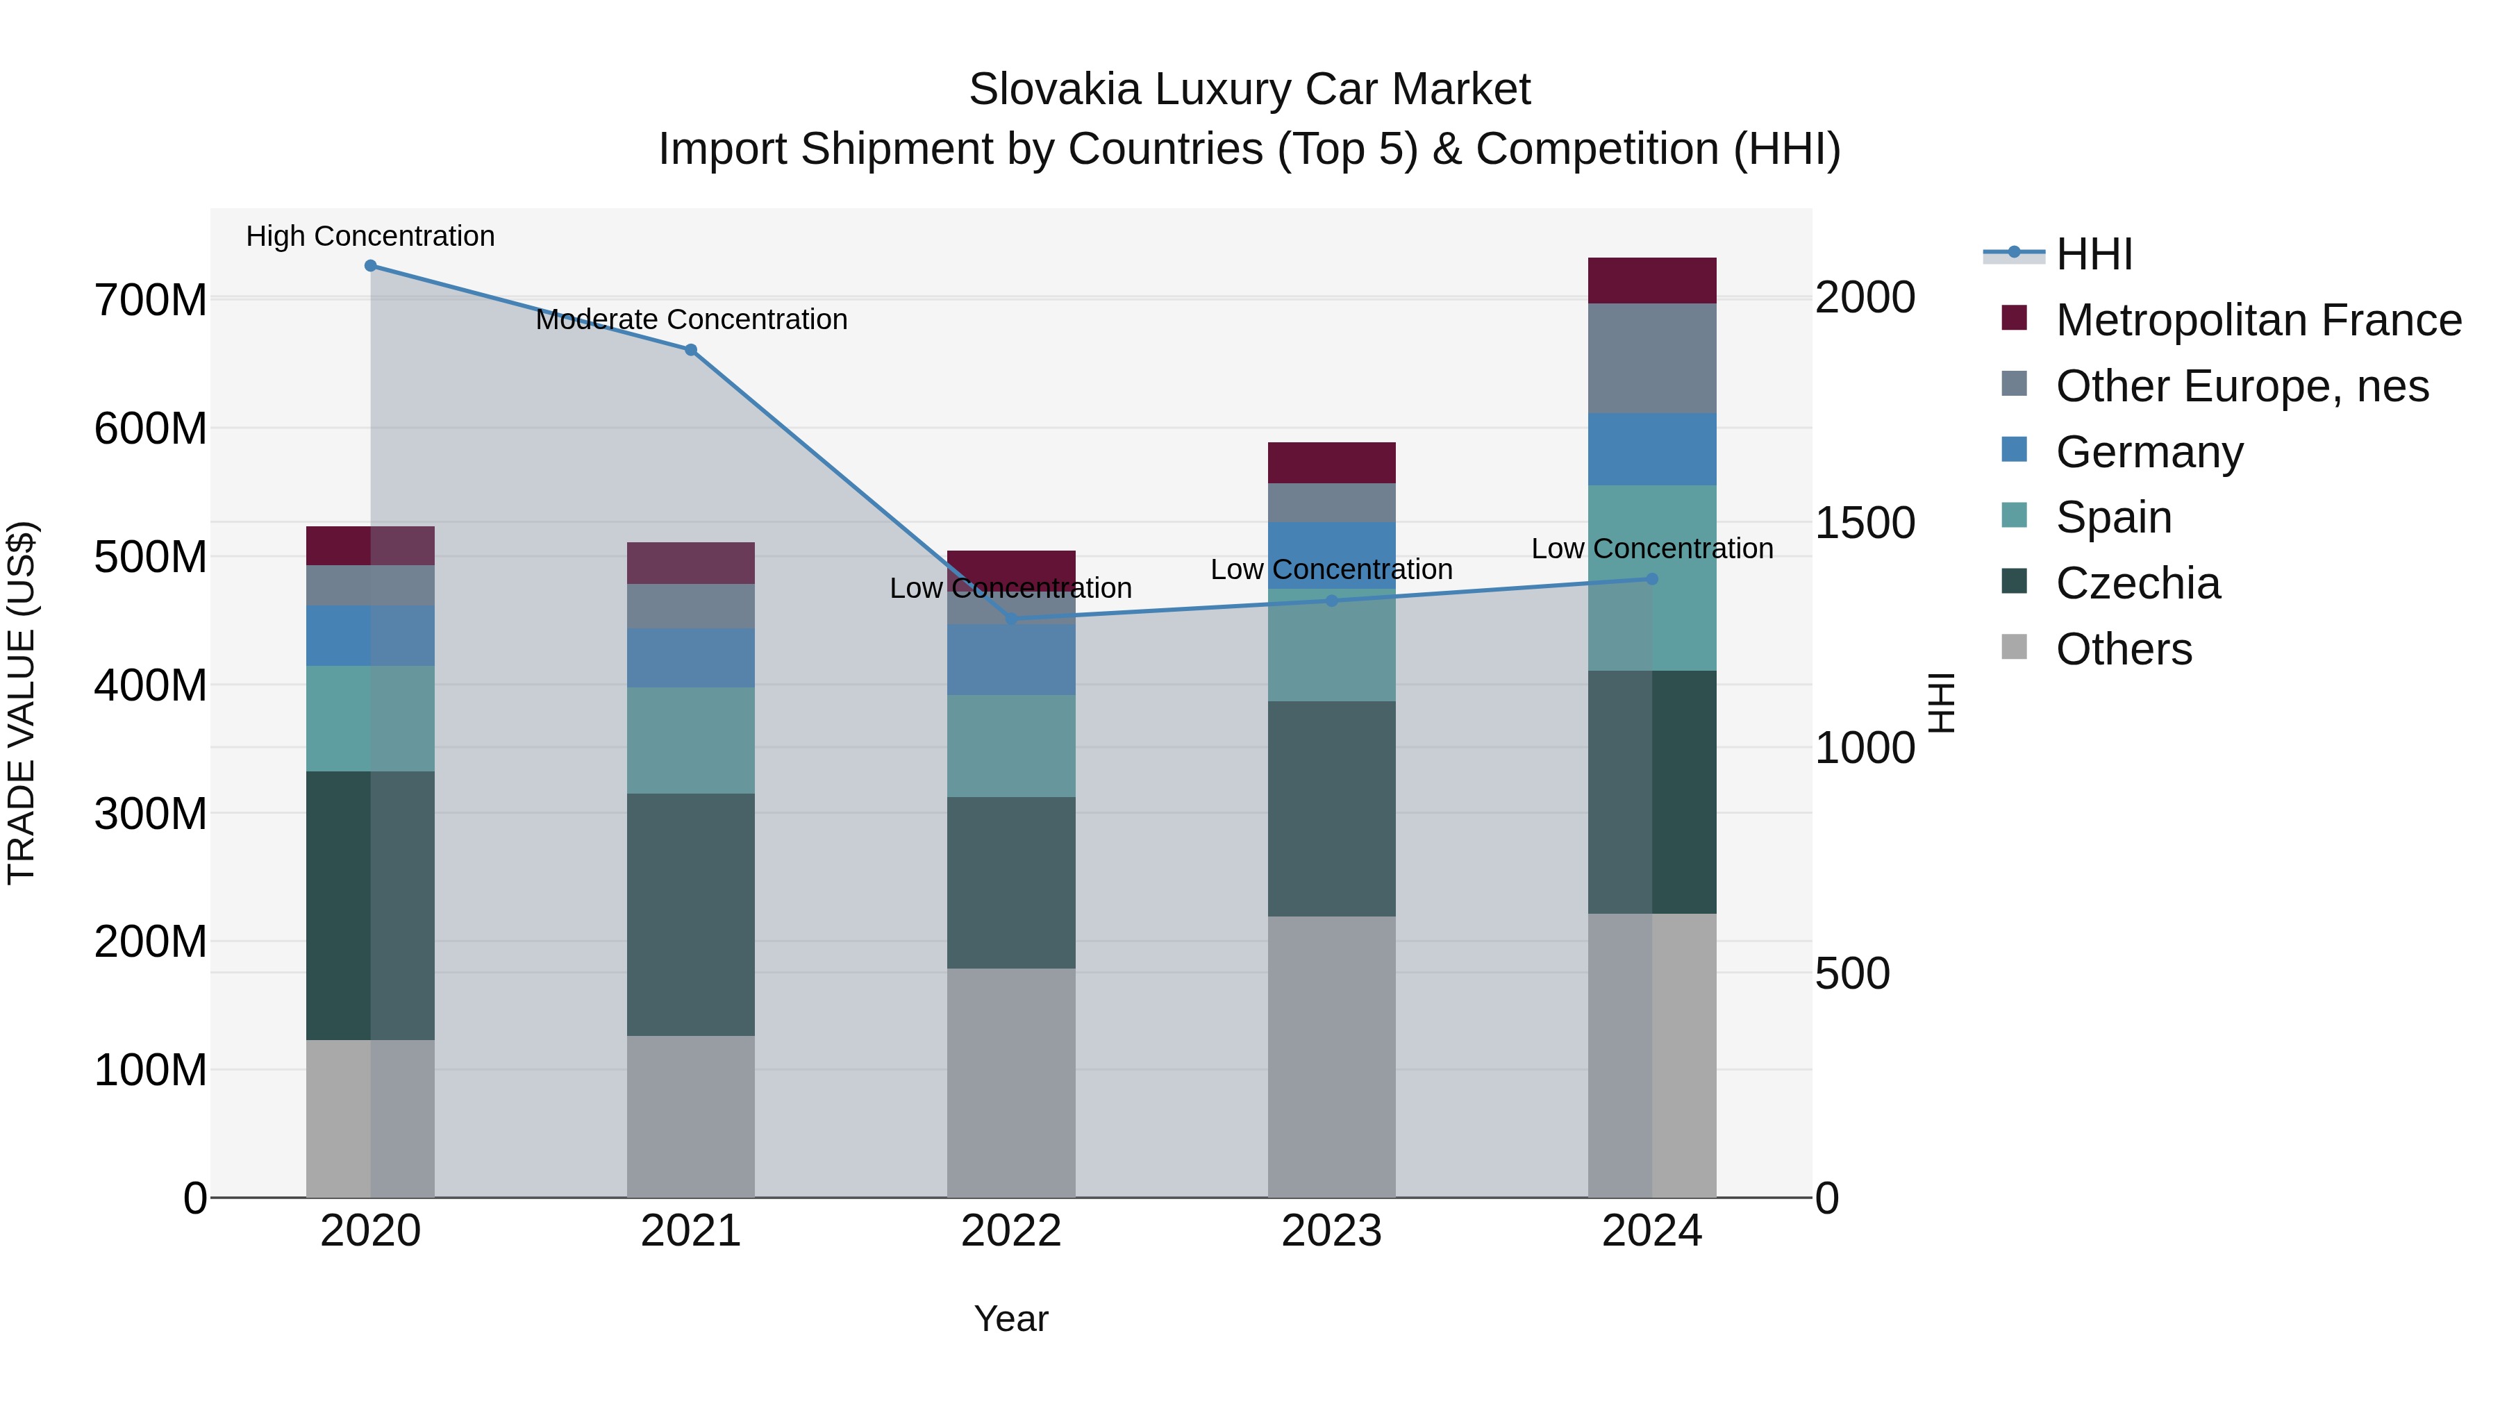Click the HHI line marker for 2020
pyautogui.click(x=369, y=266)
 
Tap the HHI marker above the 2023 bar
pyautogui.click(x=1331, y=601)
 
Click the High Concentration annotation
pyautogui.click(x=369, y=236)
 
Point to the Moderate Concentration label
pyautogui.click(x=691, y=319)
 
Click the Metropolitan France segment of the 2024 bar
pyautogui.click(x=1652, y=281)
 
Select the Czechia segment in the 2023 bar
pyautogui.click(x=1331, y=808)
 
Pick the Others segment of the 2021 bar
pyautogui.click(x=691, y=1116)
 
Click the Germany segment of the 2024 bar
pyautogui.click(x=1652, y=449)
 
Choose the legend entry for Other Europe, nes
pyautogui.click(x=2242, y=386)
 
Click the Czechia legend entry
pyautogui.click(x=2137, y=583)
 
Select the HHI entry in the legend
pyautogui.click(x=2093, y=254)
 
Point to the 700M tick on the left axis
pyautogui.click(x=151, y=300)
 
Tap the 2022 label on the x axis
pyautogui.click(x=1011, y=1231)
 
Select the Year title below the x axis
pyautogui.click(x=1011, y=1319)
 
